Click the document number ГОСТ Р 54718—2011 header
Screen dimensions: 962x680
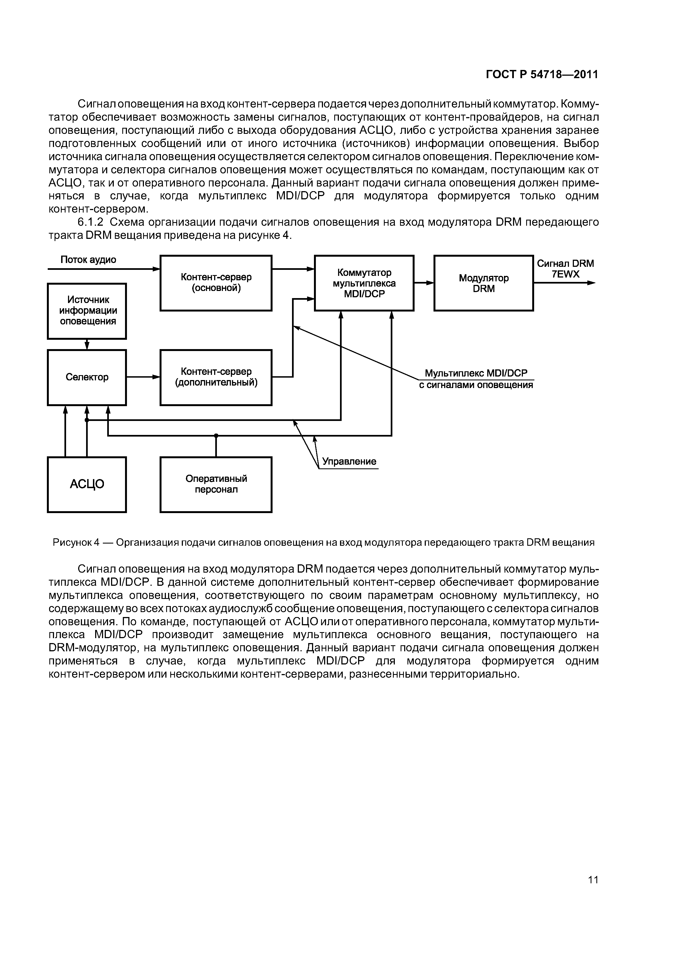pos(542,75)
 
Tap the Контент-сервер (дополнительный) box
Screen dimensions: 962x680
pos(216,377)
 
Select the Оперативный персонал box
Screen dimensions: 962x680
pos(216,484)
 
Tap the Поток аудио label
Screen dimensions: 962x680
pos(88,260)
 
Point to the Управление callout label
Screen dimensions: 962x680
pos(348,461)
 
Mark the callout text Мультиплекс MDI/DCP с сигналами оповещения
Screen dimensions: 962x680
pos(476,379)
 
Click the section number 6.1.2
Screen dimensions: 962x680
pos(93,222)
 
